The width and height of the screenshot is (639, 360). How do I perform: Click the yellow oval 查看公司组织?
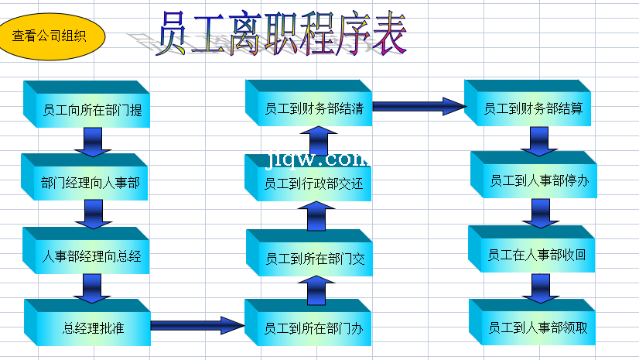click(x=50, y=36)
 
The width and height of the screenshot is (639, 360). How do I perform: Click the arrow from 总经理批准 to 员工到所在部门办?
click(x=197, y=325)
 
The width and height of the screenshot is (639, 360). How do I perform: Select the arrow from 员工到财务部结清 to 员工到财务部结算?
click(x=419, y=106)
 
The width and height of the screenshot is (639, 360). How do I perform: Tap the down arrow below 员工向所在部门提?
click(x=91, y=141)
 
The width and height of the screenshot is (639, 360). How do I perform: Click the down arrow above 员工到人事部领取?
click(x=539, y=287)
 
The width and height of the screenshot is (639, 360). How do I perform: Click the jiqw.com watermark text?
click(x=317, y=159)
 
